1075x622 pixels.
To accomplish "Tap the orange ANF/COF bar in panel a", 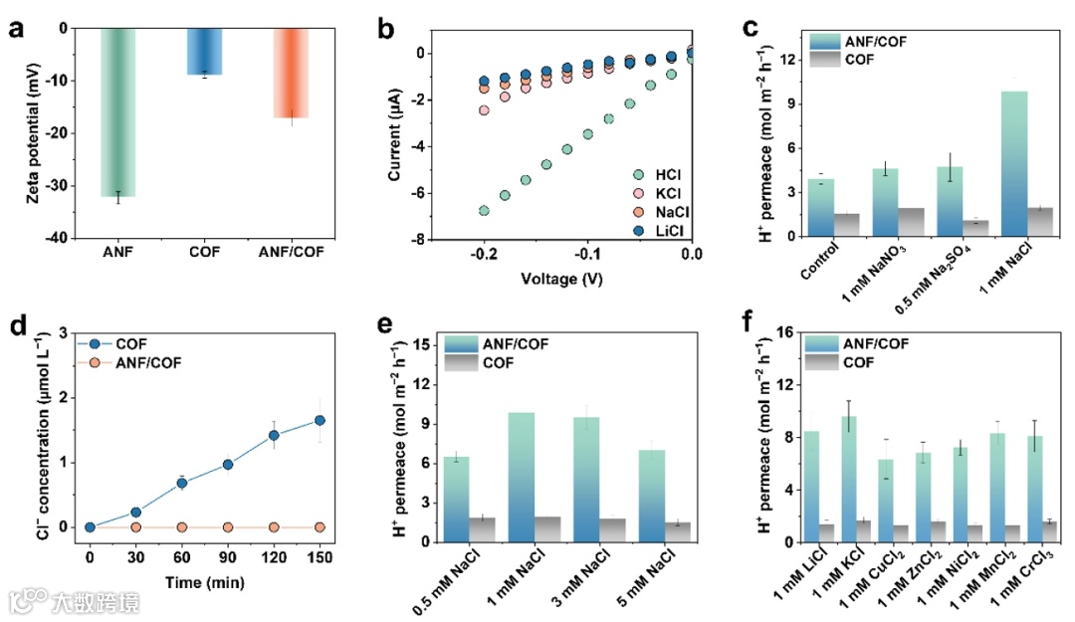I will pyautogui.click(x=292, y=74).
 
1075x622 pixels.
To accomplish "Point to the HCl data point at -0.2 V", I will pyautogui.click(x=484, y=210).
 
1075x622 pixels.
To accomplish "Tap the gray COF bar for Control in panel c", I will pyautogui.click(x=846, y=225).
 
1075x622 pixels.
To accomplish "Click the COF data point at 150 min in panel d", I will pyautogui.click(x=320, y=420).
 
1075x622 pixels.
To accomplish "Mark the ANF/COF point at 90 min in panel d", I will pyautogui.click(x=228, y=526).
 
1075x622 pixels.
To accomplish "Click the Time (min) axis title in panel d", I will pyautogui.click(x=204, y=583).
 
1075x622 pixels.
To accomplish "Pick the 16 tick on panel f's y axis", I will pyautogui.click(x=784, y=332).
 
